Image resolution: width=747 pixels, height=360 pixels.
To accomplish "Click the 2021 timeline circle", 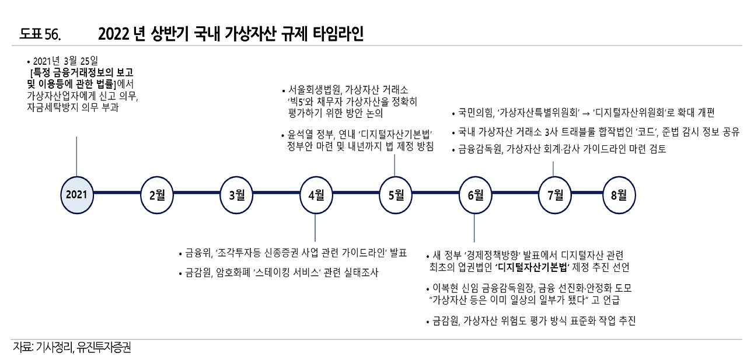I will pyautogui.click(x=77, y=194).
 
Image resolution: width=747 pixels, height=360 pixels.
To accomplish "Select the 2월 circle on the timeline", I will pyautogui.click(x=157, y=194).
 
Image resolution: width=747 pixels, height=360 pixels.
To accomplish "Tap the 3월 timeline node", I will pyautogui.click(x=236, y=194).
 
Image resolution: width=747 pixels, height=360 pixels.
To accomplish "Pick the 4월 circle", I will pyautogui.click(x=316, y=194).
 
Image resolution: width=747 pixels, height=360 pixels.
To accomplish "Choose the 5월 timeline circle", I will pyautogui.click(x=396, y=194).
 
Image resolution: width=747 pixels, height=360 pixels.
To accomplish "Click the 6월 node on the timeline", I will pyautogui.click(x=475, y=194).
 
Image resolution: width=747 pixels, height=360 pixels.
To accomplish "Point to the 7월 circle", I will pyautogui.click(x=554, y=194).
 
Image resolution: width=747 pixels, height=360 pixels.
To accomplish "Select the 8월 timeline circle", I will pyautogui.click(x=619, y=194).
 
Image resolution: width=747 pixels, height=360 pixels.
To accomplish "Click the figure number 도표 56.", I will pyautogui.click(x=40, y=34).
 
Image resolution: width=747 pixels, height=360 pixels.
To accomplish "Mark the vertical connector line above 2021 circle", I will pyautogui.click(x=77, y=155).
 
